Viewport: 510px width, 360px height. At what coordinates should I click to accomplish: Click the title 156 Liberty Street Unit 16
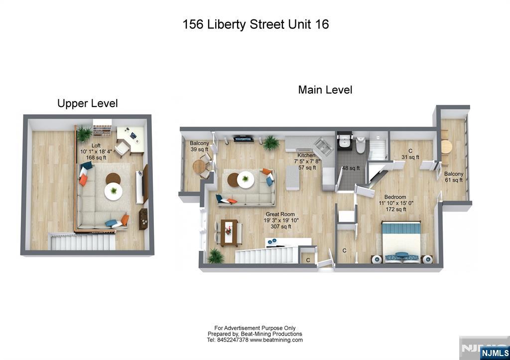tap(255, 24)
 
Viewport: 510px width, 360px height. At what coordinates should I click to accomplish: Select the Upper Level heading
tap(88, 104)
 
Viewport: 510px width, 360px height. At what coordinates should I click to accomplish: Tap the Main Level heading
tap(325, 90)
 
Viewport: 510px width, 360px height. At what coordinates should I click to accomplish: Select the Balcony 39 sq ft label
tap(199, 146)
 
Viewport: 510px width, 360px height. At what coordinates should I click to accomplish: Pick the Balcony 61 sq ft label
tap(454, 177)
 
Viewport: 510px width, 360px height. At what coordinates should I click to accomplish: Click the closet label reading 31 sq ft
tap(410, 154)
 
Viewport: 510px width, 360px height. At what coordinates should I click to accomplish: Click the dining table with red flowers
tap(229, 232)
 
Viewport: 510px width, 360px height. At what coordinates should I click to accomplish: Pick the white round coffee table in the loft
tap(115, 191)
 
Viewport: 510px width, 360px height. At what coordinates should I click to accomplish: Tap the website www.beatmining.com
tap(276, 340)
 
